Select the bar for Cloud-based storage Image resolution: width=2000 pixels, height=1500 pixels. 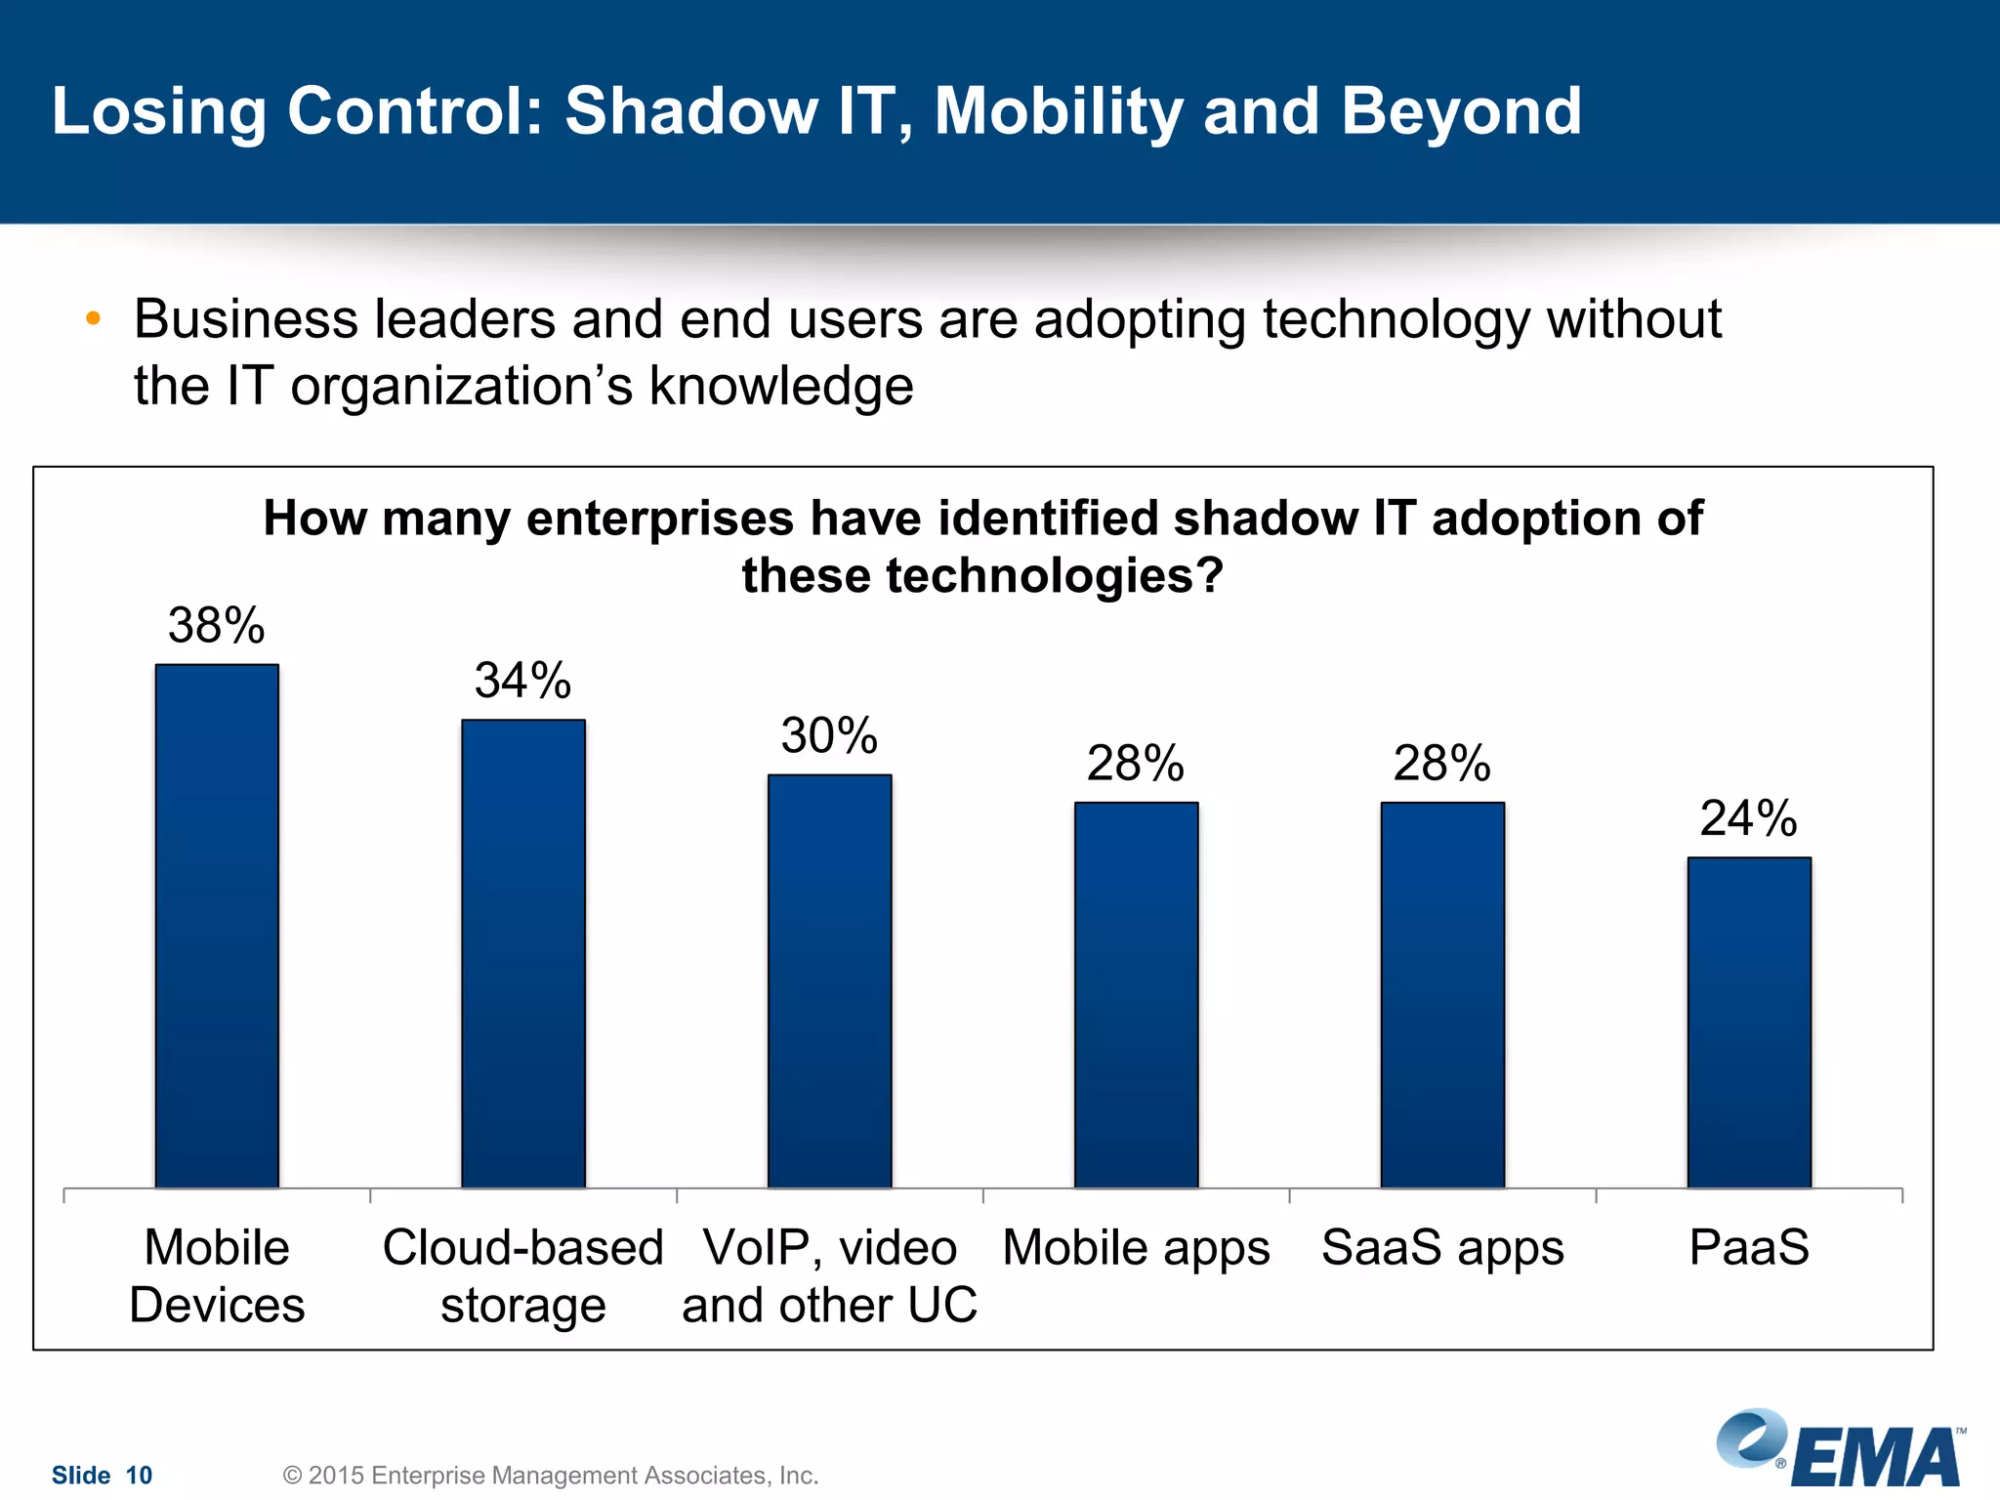coord(523,954)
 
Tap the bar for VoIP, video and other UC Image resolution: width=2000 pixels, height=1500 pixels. coord(829,981)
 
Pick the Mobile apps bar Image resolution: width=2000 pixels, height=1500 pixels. coord(1136,995)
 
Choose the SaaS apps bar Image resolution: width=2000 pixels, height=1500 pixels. coord(1442,995)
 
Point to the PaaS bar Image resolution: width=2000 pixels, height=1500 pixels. coord(1749,1022)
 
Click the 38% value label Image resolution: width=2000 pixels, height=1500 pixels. coord(216,625)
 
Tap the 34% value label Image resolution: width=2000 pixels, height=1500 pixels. coord(522,681)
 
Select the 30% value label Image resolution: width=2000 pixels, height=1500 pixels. coord(829,735)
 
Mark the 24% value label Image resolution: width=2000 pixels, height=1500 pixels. coord(1748,818)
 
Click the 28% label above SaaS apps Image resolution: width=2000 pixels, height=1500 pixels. coord(1441,763)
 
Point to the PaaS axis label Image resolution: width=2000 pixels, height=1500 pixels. coord(1749,1247)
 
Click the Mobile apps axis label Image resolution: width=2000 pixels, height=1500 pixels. coord(1136,1247)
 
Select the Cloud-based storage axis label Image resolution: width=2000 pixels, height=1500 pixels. coord(523,1275)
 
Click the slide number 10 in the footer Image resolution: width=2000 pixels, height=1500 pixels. coord(139,1475)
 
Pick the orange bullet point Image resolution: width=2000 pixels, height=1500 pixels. coord(93,318)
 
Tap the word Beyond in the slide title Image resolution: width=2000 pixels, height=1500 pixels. coord(1461,110)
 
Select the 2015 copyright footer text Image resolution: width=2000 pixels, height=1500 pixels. coord(550,1475)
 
